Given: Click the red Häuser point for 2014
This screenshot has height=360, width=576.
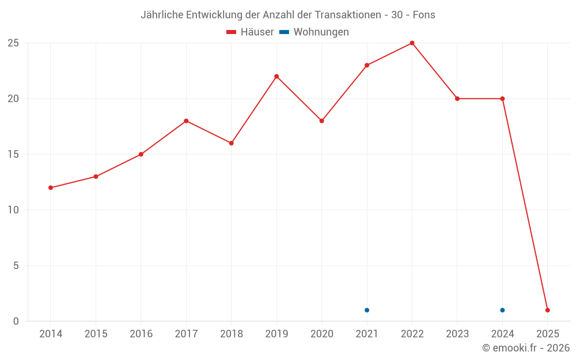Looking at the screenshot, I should tap(51, 188).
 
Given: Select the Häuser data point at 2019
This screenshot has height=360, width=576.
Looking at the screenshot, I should tap(276, 77).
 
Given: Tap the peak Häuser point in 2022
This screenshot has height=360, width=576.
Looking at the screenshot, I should tap(412, 43).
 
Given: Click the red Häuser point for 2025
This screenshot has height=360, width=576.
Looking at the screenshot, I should tap(547, 310).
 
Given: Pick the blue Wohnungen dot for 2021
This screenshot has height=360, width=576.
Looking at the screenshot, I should tap(367, 310).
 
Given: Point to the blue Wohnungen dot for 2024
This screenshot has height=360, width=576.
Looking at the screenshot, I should tap(502, 310).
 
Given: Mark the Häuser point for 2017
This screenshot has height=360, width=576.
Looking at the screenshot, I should tap(186, 121).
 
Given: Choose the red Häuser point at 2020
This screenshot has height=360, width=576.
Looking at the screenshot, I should tap(322, 121).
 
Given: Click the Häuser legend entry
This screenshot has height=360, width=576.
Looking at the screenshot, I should tap(250, 32).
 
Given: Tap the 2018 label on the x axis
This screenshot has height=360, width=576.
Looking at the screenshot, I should tap(231, 334).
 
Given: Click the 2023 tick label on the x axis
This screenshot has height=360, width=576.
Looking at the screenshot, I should tap(457, 334).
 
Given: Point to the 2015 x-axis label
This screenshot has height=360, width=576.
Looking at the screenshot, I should tap(96, 334).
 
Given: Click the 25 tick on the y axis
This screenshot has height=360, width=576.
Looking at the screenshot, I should tap(13, 43).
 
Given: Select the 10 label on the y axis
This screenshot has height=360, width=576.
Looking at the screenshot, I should tap(13, 210).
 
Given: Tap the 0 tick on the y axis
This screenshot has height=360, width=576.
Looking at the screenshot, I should tap(16, 321).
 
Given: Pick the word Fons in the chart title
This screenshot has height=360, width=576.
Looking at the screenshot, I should tap(424, 15).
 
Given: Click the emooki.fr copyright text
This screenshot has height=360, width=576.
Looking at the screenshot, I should tap(525, 348).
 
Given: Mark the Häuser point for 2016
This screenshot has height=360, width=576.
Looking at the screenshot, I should tap(141, 154).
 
